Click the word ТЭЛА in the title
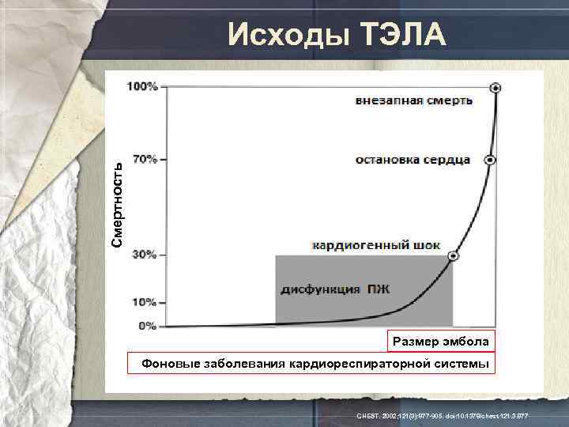point(404,36)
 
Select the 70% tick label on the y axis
point(145,159)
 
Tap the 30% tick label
point(145,255)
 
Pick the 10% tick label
point(145,302)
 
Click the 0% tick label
point(148,325)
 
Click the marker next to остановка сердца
point(489,160)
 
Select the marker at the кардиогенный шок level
point(452,255)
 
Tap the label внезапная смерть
point(414,100)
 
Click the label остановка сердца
point(413,160)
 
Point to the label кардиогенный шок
point(377,245)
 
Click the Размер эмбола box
point(440,341)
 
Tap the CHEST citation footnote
point(443,416)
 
